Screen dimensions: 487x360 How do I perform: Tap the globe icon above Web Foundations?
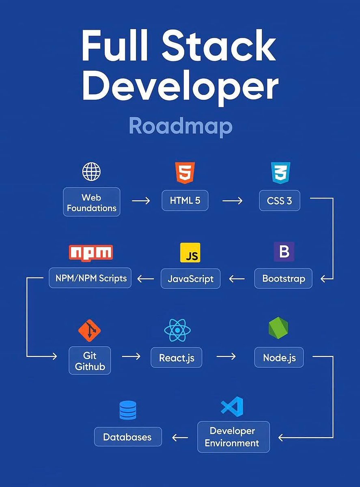click(91, 172)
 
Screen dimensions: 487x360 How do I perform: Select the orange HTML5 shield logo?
click(185, 172)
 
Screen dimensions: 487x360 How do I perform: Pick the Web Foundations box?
click(92, 202)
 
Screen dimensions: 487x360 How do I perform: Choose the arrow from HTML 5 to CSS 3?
click(232, 200)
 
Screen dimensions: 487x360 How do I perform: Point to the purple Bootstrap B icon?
click(284, 252)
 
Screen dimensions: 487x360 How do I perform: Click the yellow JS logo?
click(190, 253)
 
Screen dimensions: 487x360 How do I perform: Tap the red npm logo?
click(91, 252)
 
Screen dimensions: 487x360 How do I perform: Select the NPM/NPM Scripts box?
click(90, 278)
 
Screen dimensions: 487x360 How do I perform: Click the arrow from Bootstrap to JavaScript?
click(237, 279)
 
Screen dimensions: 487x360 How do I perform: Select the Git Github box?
click(90, 360)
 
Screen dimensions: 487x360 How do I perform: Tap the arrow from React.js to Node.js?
click(226, 356)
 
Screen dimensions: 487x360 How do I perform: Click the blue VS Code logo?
click(232, 406)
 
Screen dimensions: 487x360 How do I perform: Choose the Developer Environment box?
click(233, 437)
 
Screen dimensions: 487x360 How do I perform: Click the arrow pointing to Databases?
click(180, 437)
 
